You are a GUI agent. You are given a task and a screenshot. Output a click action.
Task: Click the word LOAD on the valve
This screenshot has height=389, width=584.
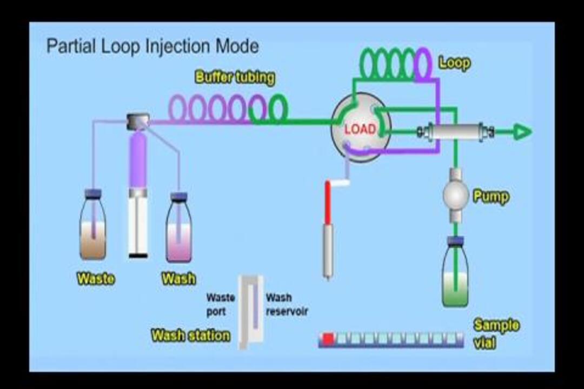(360, 129)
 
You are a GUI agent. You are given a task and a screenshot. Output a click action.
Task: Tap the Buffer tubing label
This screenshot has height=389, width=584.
(235, 77)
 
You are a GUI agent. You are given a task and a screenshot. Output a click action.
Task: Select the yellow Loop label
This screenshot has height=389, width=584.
(454, 63)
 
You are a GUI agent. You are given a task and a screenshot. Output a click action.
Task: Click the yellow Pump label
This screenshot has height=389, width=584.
(490, 196)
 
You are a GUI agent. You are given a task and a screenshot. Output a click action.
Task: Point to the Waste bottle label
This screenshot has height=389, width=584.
(96, 279)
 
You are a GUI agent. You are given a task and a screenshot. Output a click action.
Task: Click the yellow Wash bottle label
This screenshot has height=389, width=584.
(179, 279)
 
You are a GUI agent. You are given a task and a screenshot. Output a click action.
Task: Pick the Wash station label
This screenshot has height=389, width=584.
(190, 336)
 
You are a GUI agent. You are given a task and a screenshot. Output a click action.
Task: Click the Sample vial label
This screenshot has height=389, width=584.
(496, 333)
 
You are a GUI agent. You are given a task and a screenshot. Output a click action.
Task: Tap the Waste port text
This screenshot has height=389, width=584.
(220, 305)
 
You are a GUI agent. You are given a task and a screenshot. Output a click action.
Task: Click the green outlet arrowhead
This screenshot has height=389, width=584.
(521, 131)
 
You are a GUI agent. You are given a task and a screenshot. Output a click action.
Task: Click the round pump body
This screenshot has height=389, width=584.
(455, 195)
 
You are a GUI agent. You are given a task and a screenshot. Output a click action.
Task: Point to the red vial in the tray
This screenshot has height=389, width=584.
(328, 339)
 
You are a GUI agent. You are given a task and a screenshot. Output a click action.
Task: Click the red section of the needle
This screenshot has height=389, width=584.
(327, 203)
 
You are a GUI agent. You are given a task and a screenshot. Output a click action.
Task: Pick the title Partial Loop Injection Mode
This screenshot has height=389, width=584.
(152, 46)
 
